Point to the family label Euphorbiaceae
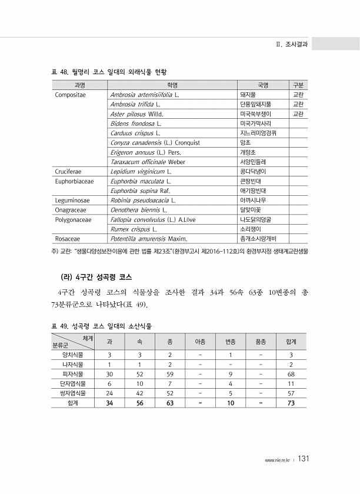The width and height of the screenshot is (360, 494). [75, 181]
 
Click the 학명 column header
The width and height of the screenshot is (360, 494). [172, 85]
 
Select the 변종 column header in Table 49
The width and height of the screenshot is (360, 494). [230, 341]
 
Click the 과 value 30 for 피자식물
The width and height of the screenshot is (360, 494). [109, 374]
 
